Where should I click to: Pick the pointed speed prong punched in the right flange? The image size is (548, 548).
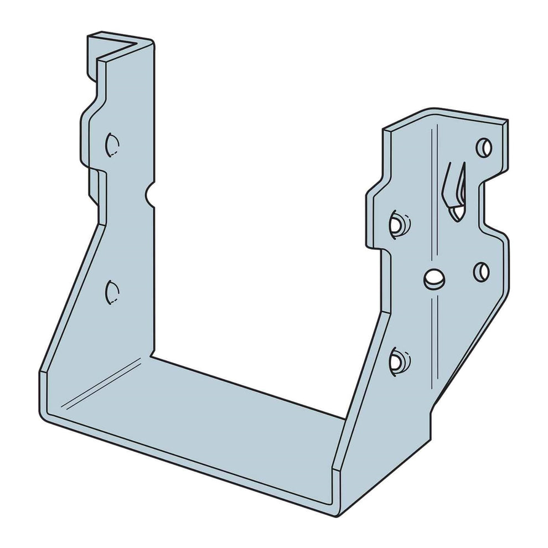tap(455, 191)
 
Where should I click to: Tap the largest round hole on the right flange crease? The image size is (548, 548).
tap(434, 278)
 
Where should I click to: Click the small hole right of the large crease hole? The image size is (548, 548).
tap(482, 271)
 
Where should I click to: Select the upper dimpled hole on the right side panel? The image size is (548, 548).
tap(398, 223)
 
